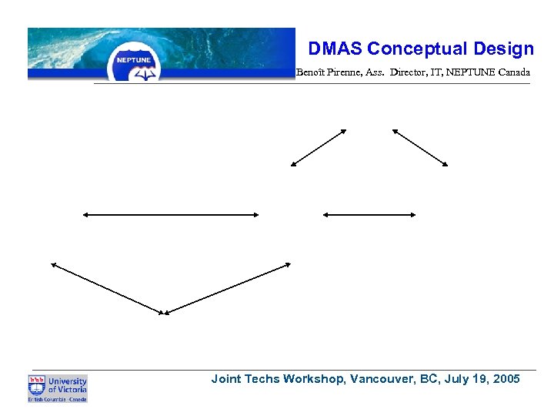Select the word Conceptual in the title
point(406,49)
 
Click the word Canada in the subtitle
point(513,72)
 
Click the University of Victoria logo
point(58,388)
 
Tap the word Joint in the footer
point(227,379)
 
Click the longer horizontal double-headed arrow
point(171,215)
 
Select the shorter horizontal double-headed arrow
point(370,215)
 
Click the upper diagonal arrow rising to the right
point(319,147)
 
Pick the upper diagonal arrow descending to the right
point(420,147)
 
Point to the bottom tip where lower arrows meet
point(163,314)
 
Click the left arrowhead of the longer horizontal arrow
point(85,215)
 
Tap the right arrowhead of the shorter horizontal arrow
point(413,215)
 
